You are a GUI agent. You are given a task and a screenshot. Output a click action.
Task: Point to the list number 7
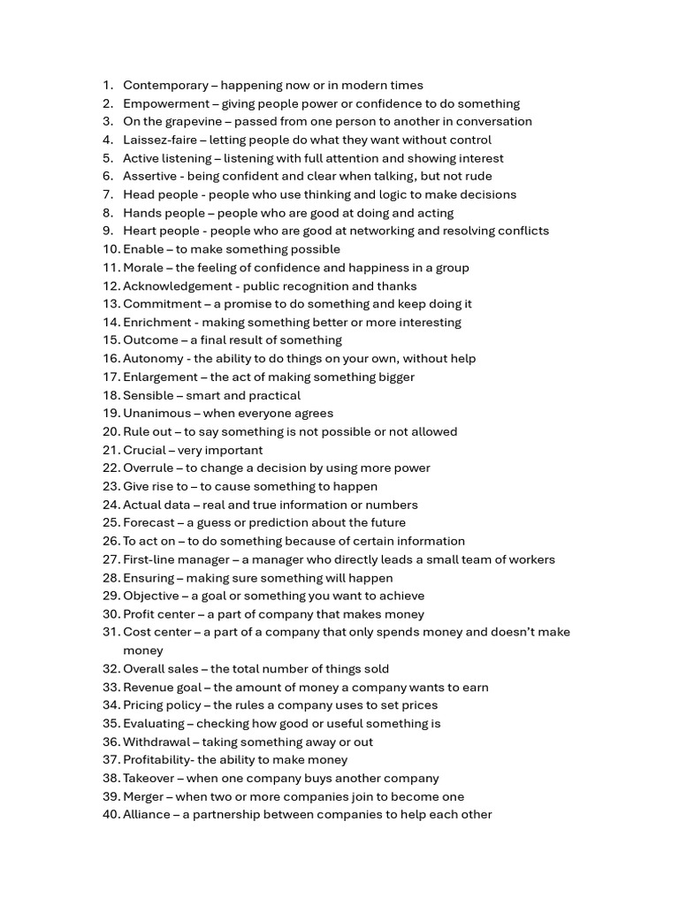tap(108, 194)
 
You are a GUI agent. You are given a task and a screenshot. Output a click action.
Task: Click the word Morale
tap(143, 268)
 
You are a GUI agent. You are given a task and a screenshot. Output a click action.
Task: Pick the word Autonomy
tap(152, 359)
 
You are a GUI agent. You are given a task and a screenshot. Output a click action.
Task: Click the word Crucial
tap(144, 450)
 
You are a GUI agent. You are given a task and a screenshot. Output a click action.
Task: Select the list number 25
tap(111, 522)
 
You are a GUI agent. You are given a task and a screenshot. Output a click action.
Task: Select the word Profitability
tap(158, 760)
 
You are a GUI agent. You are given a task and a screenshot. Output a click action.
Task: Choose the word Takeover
tap(149, 779)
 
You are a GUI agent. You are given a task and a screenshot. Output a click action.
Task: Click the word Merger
tap(143, 796)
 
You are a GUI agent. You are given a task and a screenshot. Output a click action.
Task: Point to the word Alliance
tap(146, 815)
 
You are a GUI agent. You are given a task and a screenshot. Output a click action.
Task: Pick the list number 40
tap(111, 815)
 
